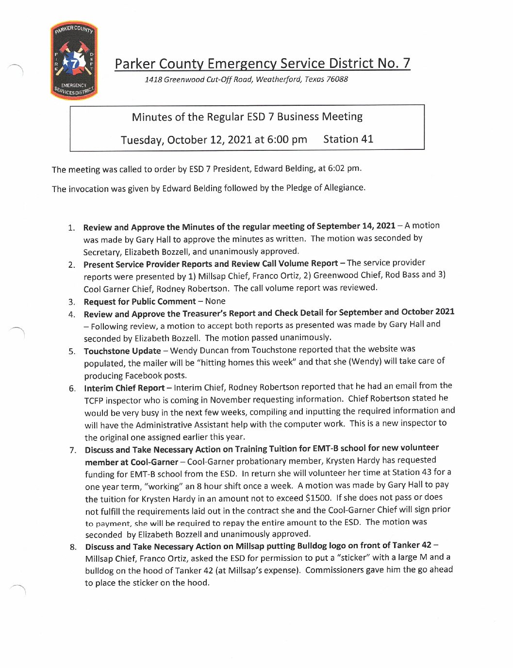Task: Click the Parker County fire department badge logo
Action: [x=74, y=61]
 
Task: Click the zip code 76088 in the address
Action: [x=337, y=79]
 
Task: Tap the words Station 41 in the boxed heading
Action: [x=348, y=139]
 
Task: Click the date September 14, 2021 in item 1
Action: [x=356, y=226]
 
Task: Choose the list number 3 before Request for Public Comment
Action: [x=72, y=302]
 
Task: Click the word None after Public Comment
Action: [x=215, y=301]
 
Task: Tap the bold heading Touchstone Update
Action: [x=122, y=351]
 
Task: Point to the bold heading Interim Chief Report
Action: [x=124, y=388]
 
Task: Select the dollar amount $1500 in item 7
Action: [x=318, y=498]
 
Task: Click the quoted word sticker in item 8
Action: [x=353, y=557]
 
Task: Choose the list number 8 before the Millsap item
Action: [x=73, y=547]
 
